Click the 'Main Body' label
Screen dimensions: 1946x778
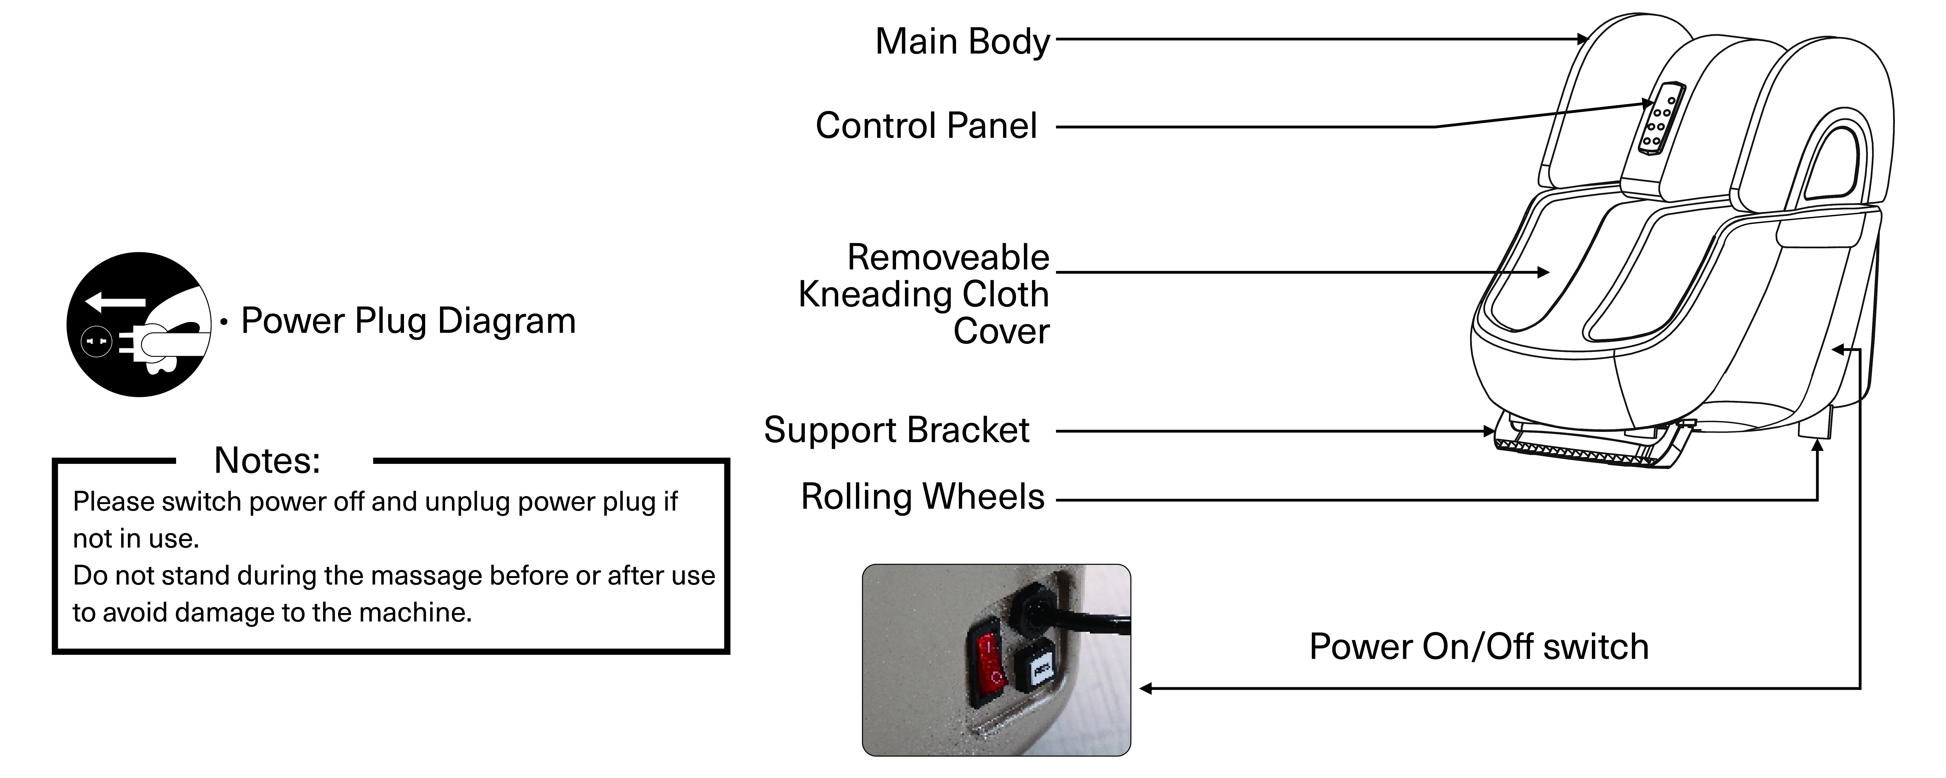coord(962,42)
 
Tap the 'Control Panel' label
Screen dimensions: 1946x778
coord(926,125)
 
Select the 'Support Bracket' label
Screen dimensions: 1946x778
coord(897,430)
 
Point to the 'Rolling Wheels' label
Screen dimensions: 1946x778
coord(922,497)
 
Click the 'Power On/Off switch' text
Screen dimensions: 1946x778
coord(1478,647)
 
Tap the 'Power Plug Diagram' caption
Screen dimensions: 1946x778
coord(408,321)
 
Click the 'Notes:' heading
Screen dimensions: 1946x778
coord(268,460)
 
